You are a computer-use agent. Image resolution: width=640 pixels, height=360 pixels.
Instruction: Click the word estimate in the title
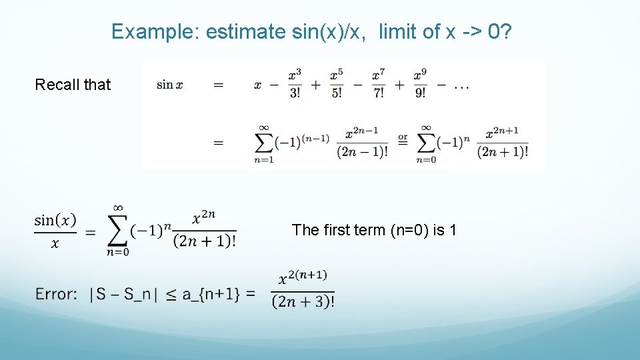pos(245,31)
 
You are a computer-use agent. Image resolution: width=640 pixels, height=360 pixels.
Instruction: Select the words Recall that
pos(73,85)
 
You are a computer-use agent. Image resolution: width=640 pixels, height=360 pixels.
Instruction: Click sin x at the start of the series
pos(170,85)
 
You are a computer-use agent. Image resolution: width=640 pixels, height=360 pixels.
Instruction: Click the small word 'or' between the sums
pos(403,138)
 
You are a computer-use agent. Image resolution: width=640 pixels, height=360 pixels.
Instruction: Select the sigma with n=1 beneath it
pos(263,142)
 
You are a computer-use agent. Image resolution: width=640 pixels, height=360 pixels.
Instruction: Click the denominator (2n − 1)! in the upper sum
pos(362,152)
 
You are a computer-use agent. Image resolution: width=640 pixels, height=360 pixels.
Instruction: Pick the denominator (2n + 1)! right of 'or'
pos(503,152)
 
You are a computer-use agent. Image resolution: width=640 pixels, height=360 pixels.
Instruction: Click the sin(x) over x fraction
pos(55,231)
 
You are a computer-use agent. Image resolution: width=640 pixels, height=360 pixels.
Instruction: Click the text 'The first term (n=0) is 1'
pos(374,230)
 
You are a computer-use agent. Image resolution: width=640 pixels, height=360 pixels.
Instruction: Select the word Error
pos(57,294)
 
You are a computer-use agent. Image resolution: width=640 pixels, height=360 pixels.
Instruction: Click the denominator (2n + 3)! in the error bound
pos(303,302)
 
